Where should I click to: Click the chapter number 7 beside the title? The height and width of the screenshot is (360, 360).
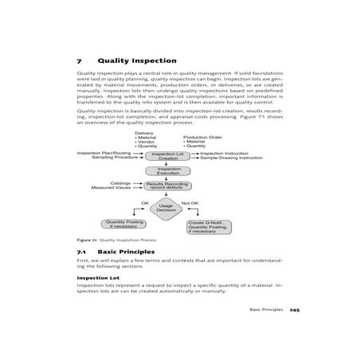[x=80, y=60]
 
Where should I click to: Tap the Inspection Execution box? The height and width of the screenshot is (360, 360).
[x=168, y=170]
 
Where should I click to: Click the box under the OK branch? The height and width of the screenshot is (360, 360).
[x=124, y=225]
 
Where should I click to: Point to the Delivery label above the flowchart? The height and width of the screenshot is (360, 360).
[x=144, y=133]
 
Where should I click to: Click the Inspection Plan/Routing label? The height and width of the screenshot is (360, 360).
[x=104, y=152]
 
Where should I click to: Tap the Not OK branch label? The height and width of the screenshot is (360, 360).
[x=190, y=203]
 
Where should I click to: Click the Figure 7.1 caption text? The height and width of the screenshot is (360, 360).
[x=116, y=240]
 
